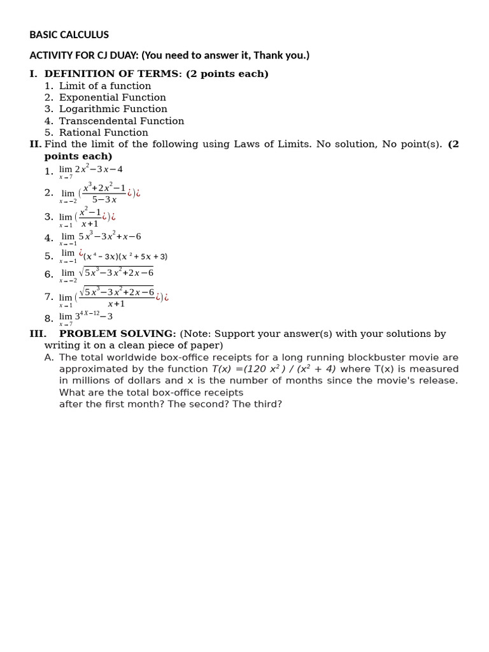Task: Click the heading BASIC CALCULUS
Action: [69, 35]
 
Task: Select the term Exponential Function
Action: [112, 97]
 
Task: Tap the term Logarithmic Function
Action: [113, 109]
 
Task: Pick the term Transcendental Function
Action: [121, 121]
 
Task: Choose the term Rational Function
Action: [103, 132]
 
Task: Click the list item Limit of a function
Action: [105, 86]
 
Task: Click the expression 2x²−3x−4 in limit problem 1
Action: [99, 169]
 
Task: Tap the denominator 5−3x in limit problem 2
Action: [104, 199]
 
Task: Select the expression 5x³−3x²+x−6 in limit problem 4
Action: [110, 236]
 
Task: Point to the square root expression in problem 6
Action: [115, 273]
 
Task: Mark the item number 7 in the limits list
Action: [48, 297]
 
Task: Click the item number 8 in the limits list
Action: [48, 318]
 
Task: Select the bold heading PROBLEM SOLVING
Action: [117, 334]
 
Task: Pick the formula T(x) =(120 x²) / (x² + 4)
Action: [274, 369]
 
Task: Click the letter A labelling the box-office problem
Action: [48, 357]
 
